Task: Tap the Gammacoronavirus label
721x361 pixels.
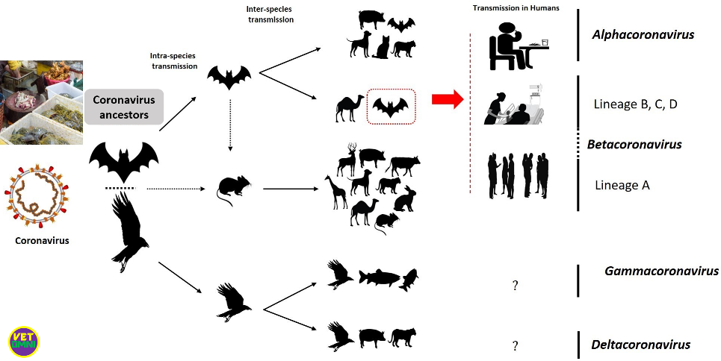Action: coord(661,271)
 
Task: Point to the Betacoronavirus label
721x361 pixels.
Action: coord(634,144)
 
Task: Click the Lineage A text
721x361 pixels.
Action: coord(622,184)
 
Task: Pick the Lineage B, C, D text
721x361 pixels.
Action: coord(634,104)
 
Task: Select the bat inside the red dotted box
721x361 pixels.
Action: coord(392,109)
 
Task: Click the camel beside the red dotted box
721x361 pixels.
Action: coord(349,108)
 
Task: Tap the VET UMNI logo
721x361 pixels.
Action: coord(23,341)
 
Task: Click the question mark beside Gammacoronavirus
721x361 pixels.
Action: coord(515,285)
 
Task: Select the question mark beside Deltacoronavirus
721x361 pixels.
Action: coord(515,345)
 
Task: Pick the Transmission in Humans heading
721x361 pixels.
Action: coord(506,8)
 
